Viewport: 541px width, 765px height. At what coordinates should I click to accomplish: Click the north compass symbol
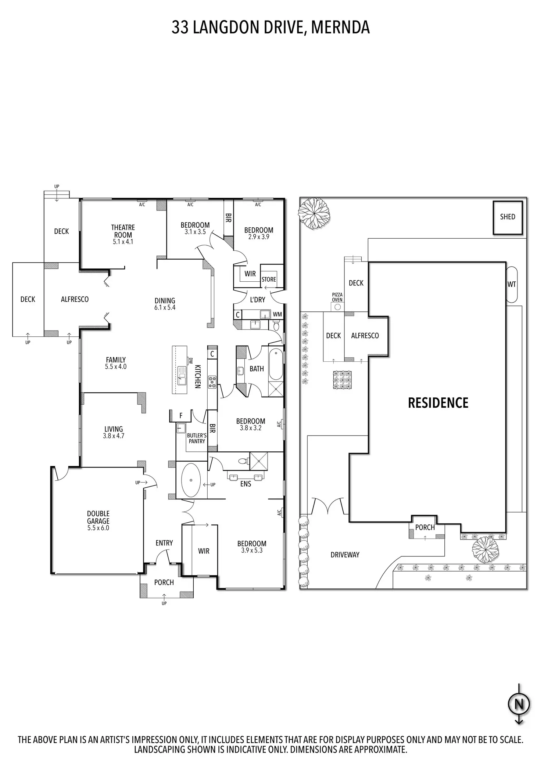click(x=519, y=704)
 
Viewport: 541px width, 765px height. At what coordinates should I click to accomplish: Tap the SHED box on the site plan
click(x=508, y=217)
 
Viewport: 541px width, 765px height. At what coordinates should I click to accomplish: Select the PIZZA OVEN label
click(x=337, y=297)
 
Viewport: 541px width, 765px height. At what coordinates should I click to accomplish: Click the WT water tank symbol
click(x=512, y=284)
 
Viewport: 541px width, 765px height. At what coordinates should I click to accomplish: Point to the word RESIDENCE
click(x=438, y=403)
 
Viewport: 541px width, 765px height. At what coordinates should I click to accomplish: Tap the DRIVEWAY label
click(x=345, y=555)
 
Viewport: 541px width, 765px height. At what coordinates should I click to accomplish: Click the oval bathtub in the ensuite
click(x=191, y=480)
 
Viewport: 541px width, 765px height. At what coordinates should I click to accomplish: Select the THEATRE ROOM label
click(x=123, y=231)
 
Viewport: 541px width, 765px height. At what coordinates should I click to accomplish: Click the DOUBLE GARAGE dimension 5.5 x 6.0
click(x=98, y=528)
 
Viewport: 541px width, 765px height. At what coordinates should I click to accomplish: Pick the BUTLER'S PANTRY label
click(x=197, y=438)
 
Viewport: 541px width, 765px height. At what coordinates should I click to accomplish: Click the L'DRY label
click(x=257, y=300)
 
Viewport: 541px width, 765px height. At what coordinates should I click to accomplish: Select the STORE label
click(x=269, y=279)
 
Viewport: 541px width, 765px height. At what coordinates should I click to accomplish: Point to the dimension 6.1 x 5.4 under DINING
click(x=165, y=307)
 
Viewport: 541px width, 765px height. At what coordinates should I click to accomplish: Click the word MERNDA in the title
click(x=340, y=28)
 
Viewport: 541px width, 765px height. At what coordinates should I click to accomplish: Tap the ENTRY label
click(x=164, y=543)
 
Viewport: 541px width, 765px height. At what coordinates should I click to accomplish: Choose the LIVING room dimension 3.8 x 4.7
click(x=114, y=436)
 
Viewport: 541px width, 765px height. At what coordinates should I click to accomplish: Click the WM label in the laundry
click(x=277, y=314)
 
